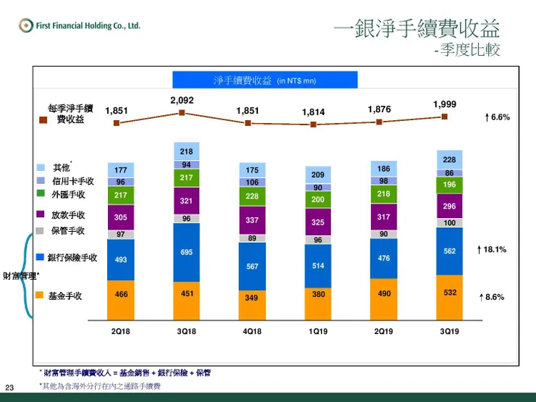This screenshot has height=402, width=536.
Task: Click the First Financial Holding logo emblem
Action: tap(26, 26)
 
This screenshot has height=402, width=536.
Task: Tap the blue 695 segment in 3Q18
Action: tap(187, 251)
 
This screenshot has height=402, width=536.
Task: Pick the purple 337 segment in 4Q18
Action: tap(252, 220)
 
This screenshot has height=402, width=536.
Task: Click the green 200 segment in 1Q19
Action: tap(318, 200)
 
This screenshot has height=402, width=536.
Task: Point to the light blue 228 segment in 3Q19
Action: tap(449, 159)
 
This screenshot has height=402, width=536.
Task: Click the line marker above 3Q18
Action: tap(182, 112)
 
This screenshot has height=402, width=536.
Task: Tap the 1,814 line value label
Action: tap(313, 112)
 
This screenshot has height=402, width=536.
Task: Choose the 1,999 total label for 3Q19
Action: tap(445, 105)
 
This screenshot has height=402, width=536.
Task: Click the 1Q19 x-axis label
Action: tap(318, 331)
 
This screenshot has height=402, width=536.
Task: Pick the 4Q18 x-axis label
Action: tap(252, 331)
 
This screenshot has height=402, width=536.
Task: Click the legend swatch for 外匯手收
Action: tap(41, 194)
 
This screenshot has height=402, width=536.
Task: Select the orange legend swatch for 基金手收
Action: tap(41, 296)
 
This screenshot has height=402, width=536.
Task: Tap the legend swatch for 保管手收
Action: tap(41, 230)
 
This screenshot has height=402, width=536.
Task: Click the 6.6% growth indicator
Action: tap(498, 117)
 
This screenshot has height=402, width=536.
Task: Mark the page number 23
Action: tap(10, 387)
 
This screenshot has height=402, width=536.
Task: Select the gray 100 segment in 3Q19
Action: tap(449, 223)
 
